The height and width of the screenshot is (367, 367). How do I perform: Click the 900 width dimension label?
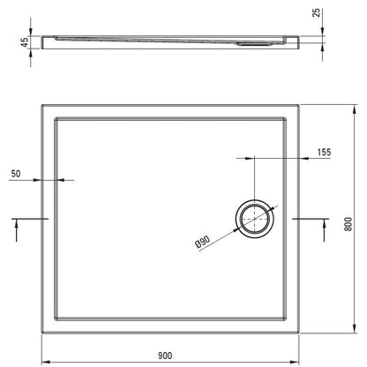165,356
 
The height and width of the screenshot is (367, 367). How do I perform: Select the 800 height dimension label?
348,224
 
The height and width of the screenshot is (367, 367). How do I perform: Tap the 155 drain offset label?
324,152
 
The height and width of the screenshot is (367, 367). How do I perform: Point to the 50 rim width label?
16,174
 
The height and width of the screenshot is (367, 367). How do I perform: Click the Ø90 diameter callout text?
203,242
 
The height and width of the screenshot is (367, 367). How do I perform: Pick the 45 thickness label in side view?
25,42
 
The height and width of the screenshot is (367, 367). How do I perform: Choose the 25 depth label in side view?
316,12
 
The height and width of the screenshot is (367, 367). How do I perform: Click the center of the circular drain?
255,219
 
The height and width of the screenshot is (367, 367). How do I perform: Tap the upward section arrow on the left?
16,230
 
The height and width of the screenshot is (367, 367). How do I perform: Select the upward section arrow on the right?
324,230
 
